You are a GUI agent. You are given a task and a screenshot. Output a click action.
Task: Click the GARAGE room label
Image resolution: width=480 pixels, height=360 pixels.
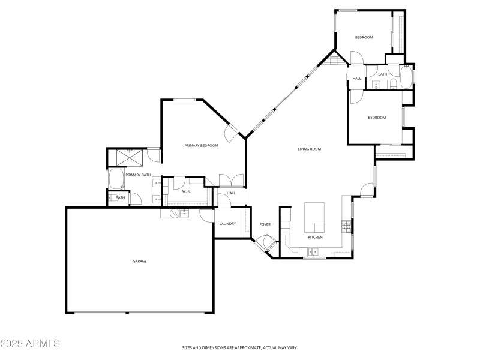pos(140,261)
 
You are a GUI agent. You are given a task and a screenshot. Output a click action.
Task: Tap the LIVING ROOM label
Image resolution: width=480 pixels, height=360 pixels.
pos(310,149)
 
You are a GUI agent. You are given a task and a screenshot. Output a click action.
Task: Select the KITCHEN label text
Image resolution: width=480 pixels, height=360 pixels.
pos(315,238)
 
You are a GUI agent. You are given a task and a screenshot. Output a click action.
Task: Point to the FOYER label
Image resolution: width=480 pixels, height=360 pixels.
pos(265,224)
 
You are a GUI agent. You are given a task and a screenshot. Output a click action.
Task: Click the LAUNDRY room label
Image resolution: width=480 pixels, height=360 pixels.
pos(227,224)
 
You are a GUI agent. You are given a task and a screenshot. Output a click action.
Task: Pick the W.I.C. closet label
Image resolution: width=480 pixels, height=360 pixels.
pos(187,191)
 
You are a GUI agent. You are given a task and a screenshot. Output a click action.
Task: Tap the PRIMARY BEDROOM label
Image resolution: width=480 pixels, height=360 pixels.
pos(201,145)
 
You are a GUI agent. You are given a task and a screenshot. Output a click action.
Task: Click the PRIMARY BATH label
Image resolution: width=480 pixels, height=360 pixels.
pos(137,175)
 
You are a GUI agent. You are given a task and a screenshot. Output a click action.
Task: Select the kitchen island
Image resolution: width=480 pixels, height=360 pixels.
pos(314,217)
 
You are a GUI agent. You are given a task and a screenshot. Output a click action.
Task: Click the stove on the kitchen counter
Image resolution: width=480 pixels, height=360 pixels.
pos(346,226)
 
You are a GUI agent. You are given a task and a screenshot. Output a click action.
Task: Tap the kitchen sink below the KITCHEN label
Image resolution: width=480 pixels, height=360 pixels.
pos(313,253)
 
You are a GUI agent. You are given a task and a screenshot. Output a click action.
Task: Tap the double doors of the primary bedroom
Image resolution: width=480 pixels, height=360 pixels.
pos(232,179)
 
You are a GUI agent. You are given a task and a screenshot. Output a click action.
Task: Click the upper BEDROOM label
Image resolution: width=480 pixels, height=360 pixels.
pos(364,38)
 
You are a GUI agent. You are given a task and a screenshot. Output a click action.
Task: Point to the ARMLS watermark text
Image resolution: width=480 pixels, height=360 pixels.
pos(30,344)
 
